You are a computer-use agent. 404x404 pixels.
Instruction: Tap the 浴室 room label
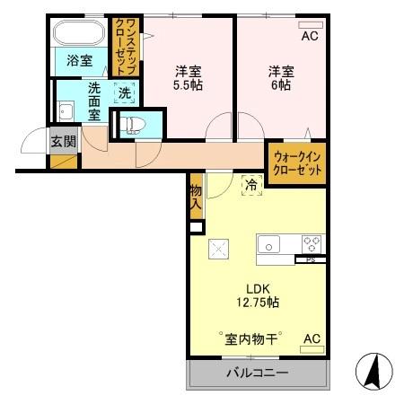pos(78,62)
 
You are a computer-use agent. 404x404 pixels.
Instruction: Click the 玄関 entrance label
pos(62,140)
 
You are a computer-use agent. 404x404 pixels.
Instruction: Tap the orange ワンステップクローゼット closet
pos(124,49)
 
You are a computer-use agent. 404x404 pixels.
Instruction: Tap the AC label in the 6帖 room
pos(309,37)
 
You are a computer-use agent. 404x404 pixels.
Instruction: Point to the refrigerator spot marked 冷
pos(252,185)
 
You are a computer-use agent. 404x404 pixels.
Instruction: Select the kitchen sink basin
pos(269,243)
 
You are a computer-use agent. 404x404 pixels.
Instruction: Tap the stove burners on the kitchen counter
pos(311,243)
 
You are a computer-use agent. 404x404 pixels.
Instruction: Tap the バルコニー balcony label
pos(257,373)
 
